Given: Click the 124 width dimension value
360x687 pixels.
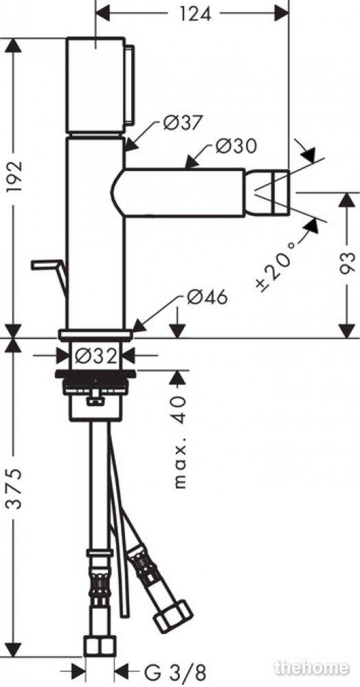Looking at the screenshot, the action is (195, 14).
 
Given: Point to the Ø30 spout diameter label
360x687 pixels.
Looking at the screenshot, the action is (235, 146).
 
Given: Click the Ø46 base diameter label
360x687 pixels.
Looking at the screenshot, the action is (207, 297).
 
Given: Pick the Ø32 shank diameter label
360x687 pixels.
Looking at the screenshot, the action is (96, 355).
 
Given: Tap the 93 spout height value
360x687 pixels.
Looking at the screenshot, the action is (348, 263).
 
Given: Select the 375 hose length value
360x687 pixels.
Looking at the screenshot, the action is (14, 488).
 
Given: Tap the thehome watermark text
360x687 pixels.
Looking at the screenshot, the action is (311, 667).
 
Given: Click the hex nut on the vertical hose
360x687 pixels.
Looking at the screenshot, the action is (100, 646).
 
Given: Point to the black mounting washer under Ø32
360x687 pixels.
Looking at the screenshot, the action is (95, 374).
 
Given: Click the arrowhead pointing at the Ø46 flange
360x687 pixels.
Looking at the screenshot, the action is (139, 326).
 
